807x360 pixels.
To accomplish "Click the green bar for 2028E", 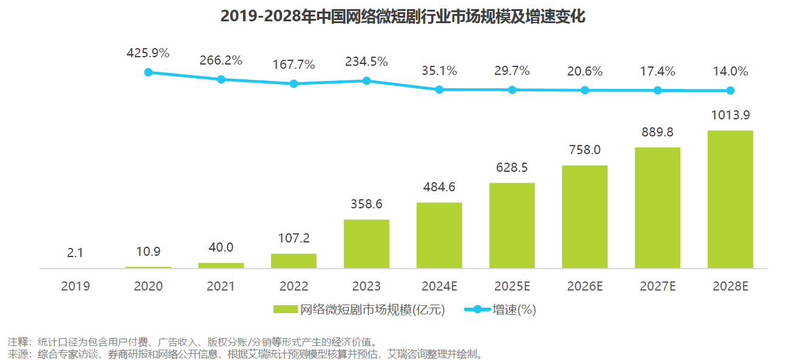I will pyautogui.click(x=730, y=199).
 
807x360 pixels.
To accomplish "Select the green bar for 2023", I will pyautogui.click(x=367, y=244).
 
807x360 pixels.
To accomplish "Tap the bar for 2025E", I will pyautogui.click(x=512, y=225).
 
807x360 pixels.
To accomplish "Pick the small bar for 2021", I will pyautogui.click(x=221, y=265).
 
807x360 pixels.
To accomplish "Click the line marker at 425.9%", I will pyautogui.click(x=148, y=72).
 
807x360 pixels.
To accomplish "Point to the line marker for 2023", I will pyautogui.click(x=367, y=80).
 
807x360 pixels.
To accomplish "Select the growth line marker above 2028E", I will pyautogui.click(x=730, y=91).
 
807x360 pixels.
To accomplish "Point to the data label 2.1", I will pyautogui.click(x=75, y=253).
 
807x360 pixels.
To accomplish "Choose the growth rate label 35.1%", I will pyautogui.click(x=439, y=71).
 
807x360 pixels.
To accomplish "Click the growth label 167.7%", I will pyautogui.click(x=294, y=65).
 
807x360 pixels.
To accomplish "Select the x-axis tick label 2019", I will pyautogui.click(x=75, y=286).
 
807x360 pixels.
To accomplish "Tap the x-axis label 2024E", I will pyautogui.click(x=439, y=286).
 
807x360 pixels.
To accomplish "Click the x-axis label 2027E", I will pyautogui.click(x=657, y=286).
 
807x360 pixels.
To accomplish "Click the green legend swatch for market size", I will pyautogui.click(x=286, y=309).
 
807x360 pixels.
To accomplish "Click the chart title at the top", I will pyautogui.click(x=403, y=16).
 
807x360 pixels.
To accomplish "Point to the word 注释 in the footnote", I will pyautogui.click(x=17, y=341).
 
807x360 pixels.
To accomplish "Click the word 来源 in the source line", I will pyautogui.click(x=17, y=353).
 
